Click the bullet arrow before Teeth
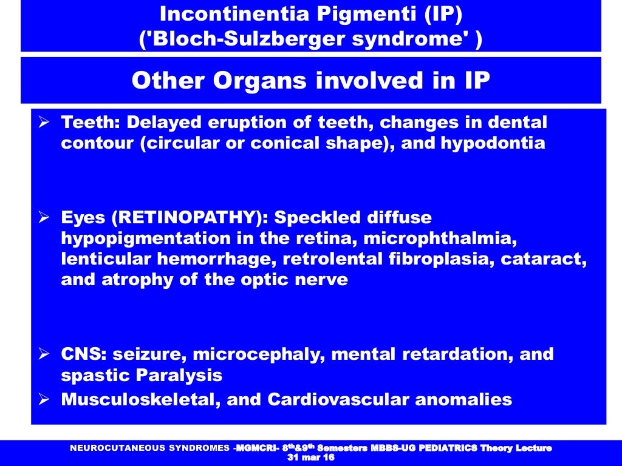point(44,123)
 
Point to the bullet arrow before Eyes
point(44,217)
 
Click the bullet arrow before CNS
point(44,354)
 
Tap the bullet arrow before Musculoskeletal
point(44,400)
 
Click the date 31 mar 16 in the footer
point(310,458)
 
